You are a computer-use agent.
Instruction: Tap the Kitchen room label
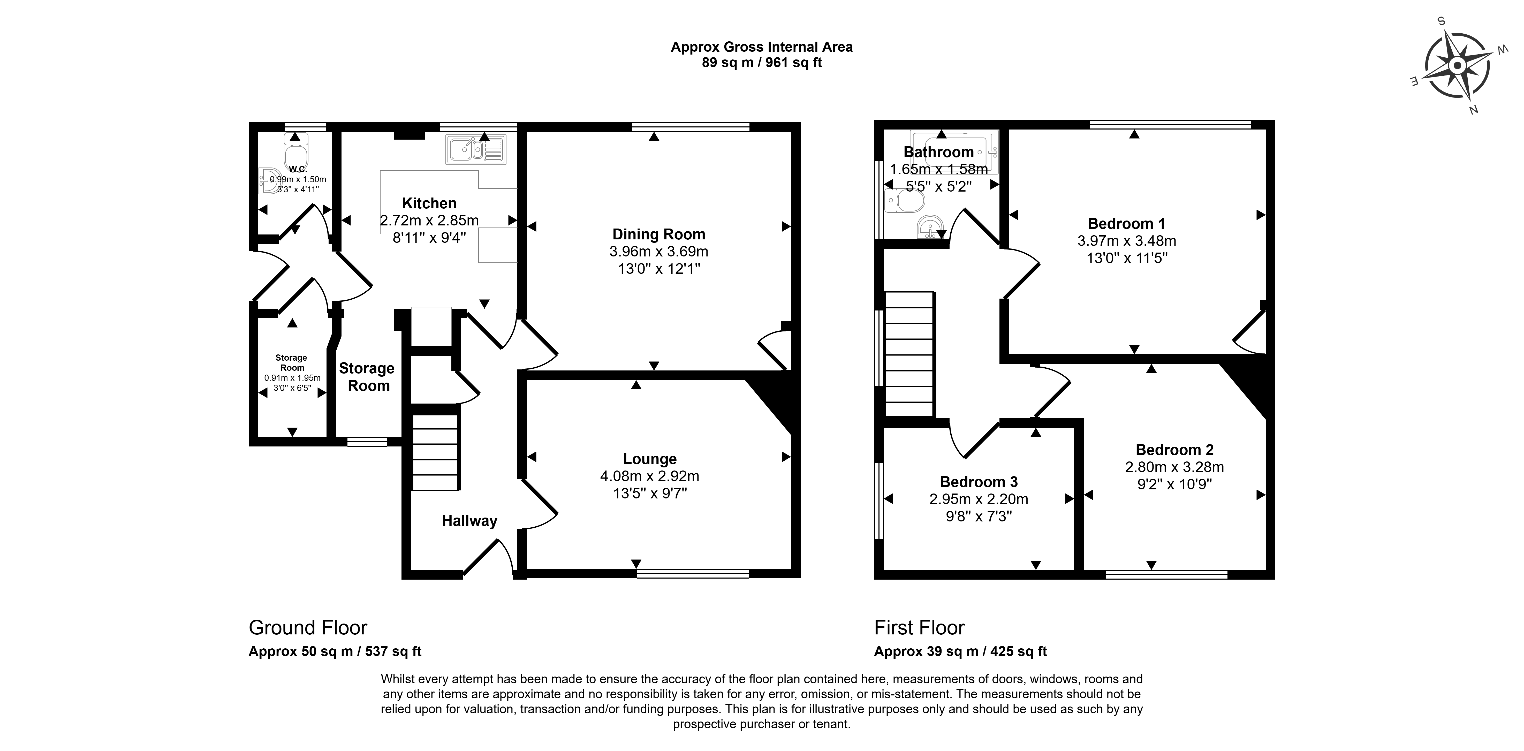429,203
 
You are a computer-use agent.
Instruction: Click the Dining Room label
658,234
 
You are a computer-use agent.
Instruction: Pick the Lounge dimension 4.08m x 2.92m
650,476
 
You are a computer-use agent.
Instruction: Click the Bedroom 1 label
1126,224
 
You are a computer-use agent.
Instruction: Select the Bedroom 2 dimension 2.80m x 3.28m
1174,467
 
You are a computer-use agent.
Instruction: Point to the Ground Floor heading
308,627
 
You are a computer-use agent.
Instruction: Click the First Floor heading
919,627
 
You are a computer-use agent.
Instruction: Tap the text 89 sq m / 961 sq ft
762,63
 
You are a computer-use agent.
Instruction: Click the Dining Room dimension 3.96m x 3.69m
658,252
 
